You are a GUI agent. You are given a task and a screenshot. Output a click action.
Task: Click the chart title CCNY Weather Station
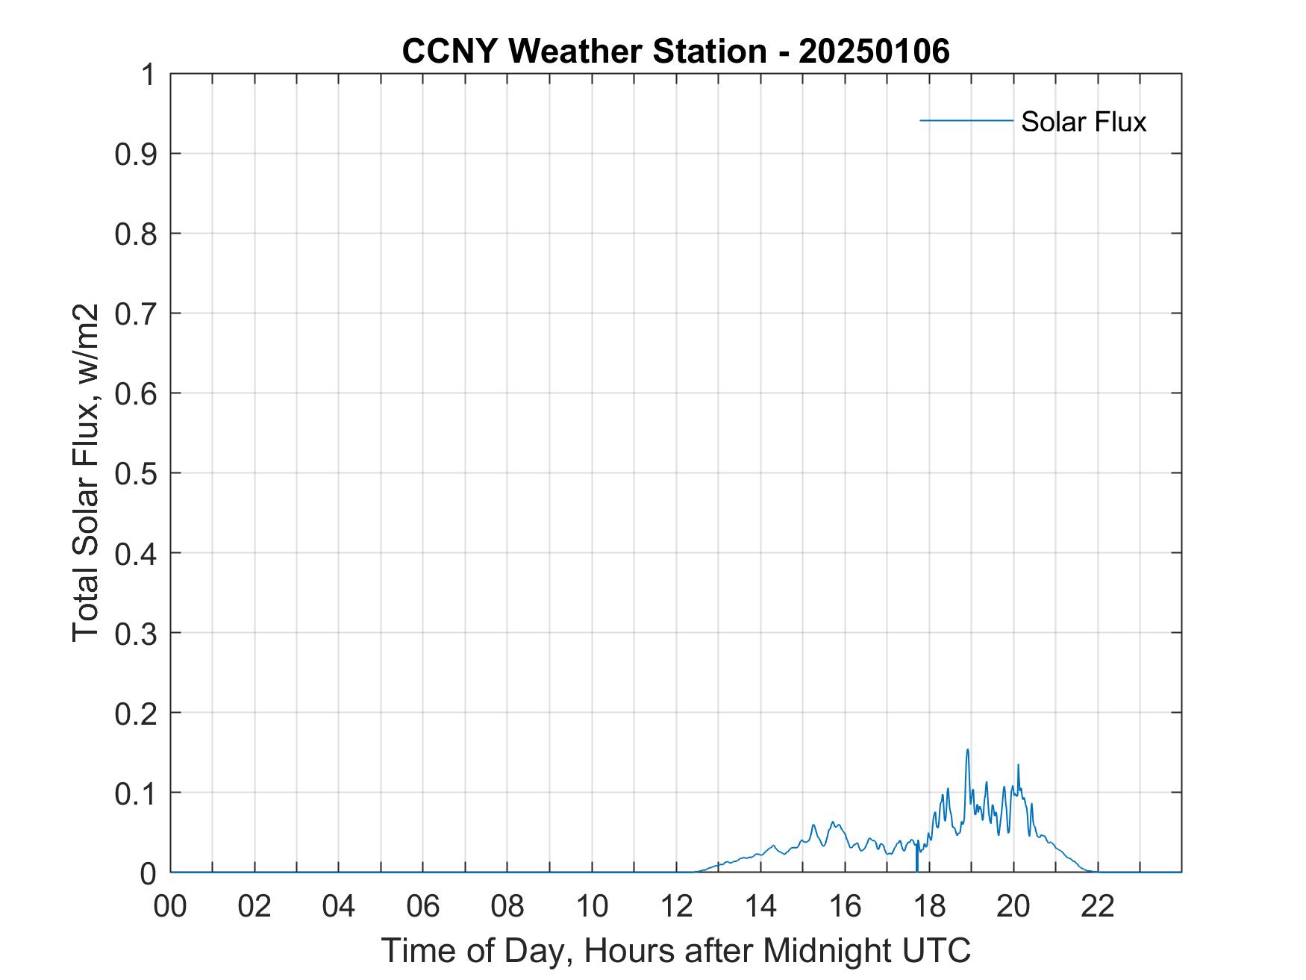coord(584,52)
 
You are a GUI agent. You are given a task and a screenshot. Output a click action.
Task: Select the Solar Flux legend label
coord(1083,121)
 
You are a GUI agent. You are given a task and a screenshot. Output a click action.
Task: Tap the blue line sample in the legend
coord(966,120)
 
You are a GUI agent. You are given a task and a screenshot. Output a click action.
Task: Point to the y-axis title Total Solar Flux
coord(87,472)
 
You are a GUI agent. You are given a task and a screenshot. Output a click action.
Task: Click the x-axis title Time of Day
coord(675,950)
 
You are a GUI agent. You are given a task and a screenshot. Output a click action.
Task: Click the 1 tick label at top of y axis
coord(148,75)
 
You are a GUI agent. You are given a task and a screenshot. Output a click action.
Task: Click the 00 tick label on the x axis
coord(170,906)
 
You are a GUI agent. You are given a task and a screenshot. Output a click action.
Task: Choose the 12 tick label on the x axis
coord(676,906)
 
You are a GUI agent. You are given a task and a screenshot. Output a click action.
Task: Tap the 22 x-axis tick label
coord(1098,906)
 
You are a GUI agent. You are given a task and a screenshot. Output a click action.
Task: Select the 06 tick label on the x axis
coord(423,906)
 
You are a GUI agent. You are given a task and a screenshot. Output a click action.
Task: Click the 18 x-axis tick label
coord(929,906)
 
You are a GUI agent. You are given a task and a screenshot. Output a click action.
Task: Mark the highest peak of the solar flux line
coord(967,750)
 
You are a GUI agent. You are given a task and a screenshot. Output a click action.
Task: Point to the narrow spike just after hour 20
coord(1018,765)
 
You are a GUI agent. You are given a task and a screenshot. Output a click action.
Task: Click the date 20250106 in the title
coord(874,52)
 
